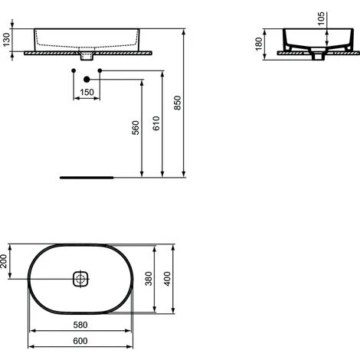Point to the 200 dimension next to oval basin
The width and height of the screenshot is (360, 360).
[5, 261]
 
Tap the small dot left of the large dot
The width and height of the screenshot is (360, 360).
[73, 71]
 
